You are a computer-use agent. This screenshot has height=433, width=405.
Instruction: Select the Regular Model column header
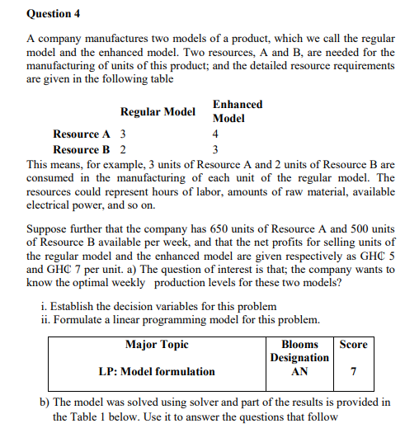pyautogui.click(x=158, y=111)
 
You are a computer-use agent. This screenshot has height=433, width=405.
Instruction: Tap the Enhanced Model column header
pyautogui.click(x=238, y=111)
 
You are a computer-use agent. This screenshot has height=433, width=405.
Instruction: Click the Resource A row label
pyautogui.click(x=81, y=134)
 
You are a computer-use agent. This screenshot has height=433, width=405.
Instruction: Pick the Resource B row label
pyautogui.click(x=81, y=150)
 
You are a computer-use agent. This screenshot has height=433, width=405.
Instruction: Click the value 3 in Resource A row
pyautogui.click(x=124, y=134)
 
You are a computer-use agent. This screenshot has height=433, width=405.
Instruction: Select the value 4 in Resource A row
pyautogui.click(x=215, y=134)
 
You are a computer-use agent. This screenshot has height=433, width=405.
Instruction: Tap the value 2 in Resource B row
pyautogui.click(x=124, y=150)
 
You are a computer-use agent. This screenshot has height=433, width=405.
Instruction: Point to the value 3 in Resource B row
pyautogui.click(x=215, y=150)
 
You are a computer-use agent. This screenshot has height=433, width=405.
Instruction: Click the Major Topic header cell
pyautogui.click(x=157, y=345)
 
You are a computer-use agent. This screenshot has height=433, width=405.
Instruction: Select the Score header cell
pyautogui.click(x=353, y=345)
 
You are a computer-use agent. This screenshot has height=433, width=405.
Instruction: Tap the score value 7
pyautogui.click(x=353, y=372)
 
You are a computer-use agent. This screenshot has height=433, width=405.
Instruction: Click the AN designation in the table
pyautogui.click(x=299, y=372)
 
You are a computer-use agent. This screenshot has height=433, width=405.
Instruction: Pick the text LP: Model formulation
pyautogui.click(x=157, y=372)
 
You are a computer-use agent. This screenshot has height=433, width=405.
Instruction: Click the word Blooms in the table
pyautogui.click(x=299, y=345)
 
